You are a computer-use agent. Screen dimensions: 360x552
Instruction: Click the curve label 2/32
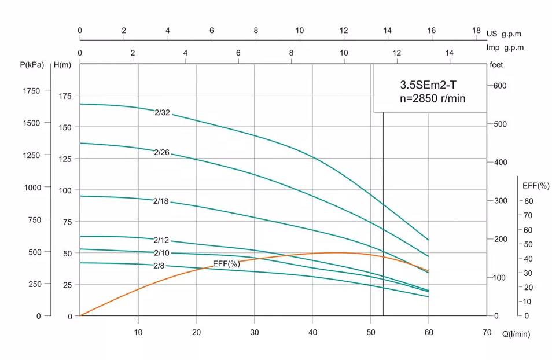point(163,113)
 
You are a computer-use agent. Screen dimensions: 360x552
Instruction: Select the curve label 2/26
point(162,153)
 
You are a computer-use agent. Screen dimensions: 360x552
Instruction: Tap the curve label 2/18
point(161,201)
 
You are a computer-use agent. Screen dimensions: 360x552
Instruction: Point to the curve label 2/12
point(161,240)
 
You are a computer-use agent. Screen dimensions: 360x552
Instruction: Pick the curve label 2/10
point(161,253)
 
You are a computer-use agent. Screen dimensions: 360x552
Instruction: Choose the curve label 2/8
point(159,266)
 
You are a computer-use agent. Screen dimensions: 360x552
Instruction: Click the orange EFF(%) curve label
point(226,264)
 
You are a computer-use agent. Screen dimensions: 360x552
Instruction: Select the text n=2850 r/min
point(432,98)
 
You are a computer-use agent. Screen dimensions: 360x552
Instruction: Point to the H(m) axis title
point(62,65)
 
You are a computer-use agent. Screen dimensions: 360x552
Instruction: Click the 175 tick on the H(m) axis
point(67,95)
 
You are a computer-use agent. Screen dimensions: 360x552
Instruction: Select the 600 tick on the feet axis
point(499,86)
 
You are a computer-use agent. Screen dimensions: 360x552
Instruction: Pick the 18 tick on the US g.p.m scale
point(476,31)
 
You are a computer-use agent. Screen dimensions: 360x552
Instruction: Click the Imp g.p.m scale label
point(505,48)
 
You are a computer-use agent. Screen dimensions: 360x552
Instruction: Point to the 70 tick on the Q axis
point(487,332)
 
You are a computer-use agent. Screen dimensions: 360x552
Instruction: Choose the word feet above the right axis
point(496,65)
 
